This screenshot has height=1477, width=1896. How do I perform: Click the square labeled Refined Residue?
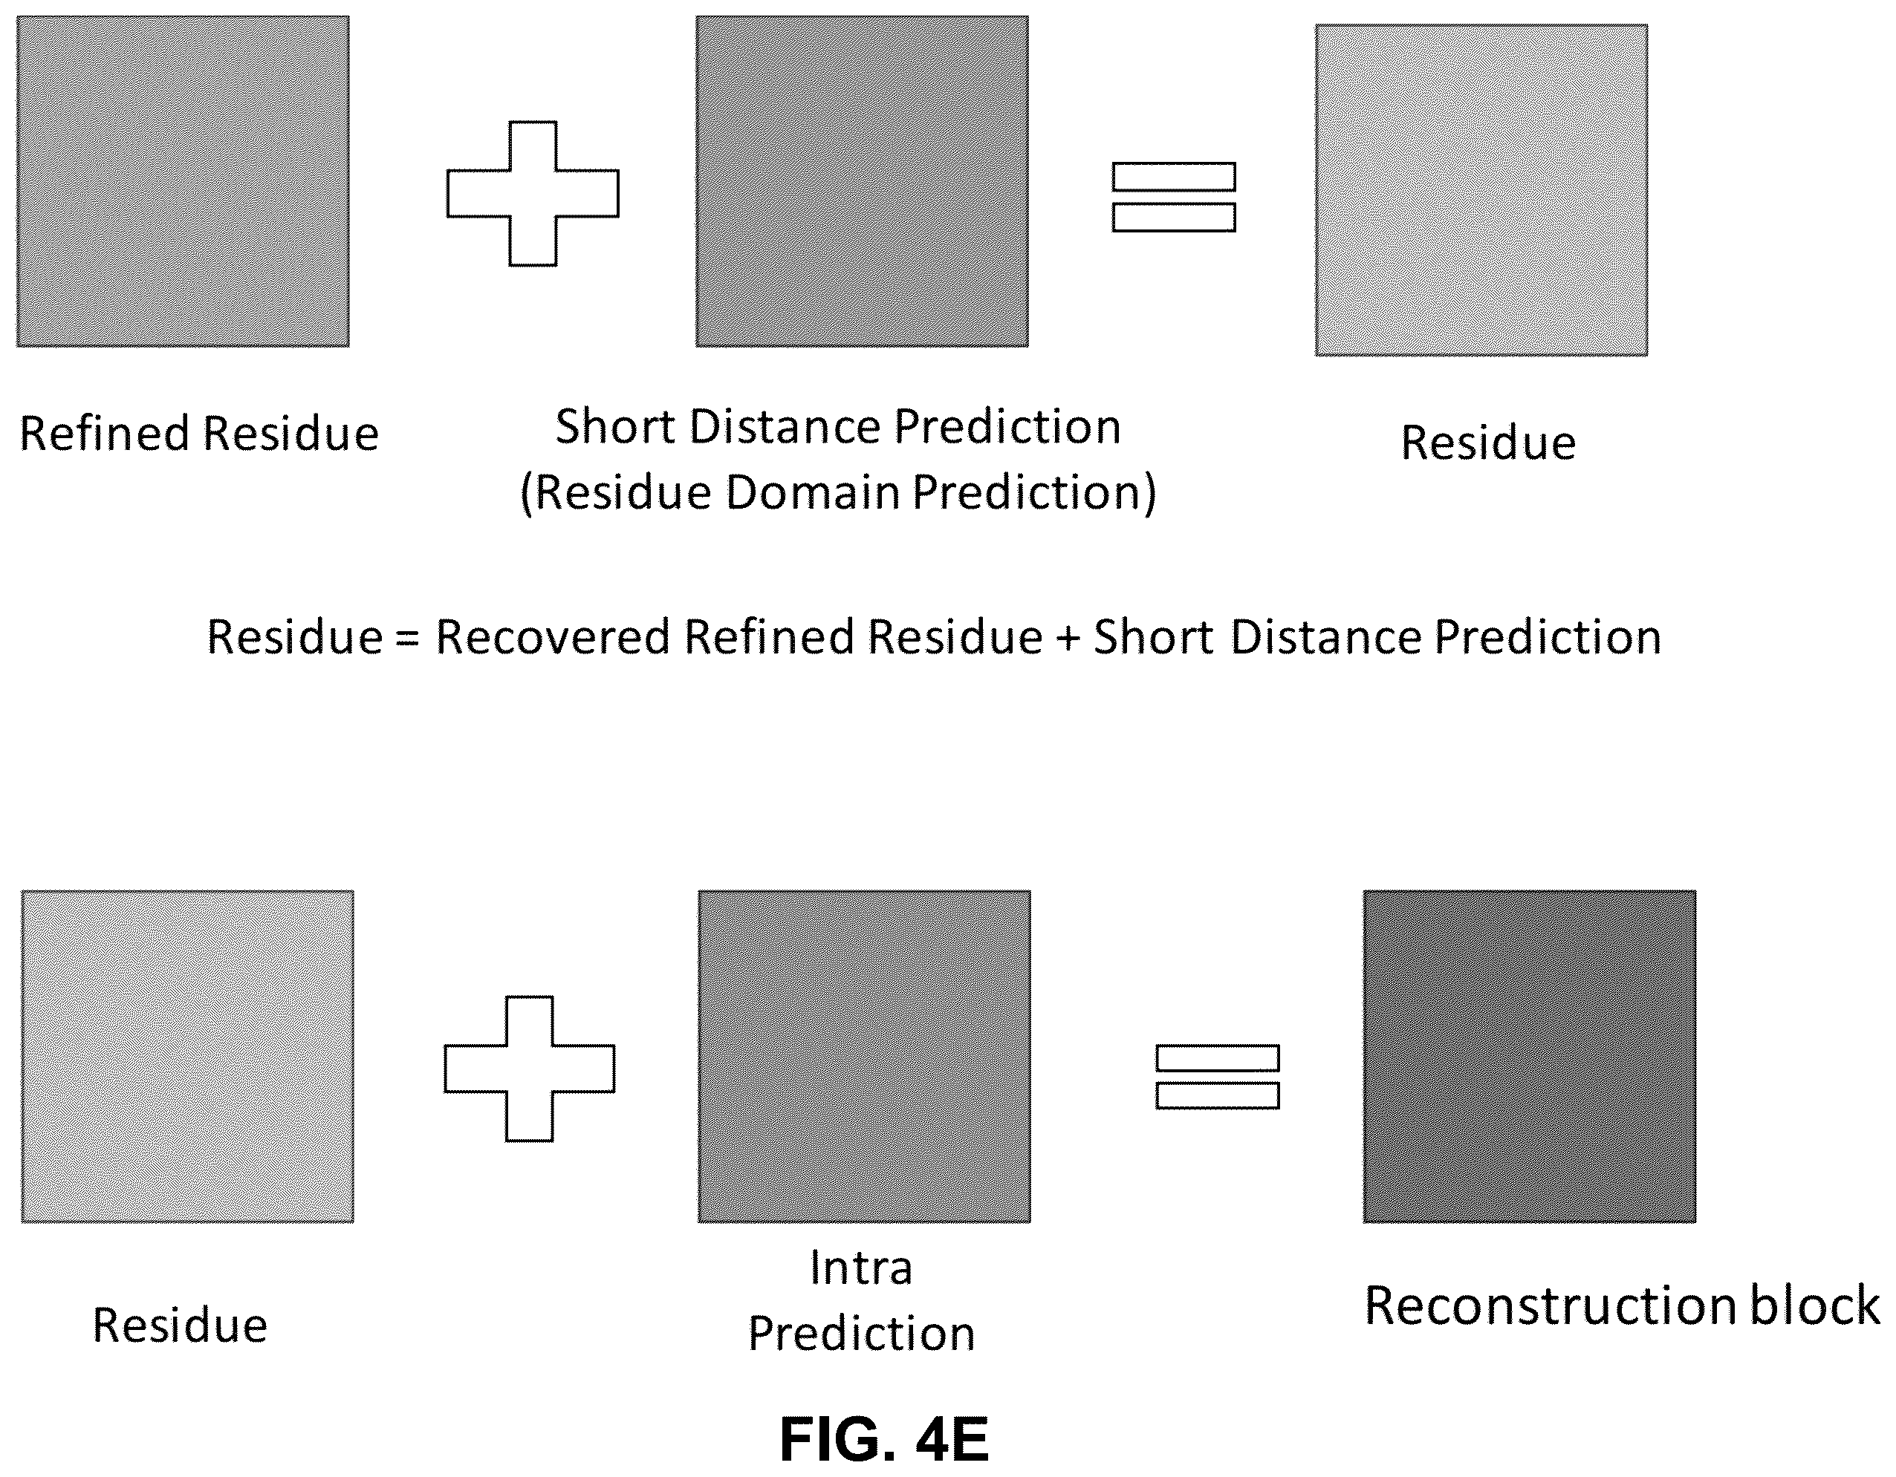(184, 181)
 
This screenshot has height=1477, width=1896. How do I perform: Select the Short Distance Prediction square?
(862, 181)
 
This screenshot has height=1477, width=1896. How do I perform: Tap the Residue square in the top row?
(1481, 190)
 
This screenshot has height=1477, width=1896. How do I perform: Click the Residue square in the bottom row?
(187, 1056)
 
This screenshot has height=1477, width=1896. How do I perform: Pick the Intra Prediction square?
(865, 1056)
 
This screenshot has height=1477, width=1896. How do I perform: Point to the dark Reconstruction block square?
(1530, 1056)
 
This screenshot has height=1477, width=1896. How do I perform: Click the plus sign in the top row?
(533, 194)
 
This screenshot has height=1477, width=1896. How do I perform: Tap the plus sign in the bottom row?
(530, 1069)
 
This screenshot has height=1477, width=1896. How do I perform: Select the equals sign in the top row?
(1174, 197)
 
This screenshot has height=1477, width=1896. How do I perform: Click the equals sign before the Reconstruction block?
(1217, 1077)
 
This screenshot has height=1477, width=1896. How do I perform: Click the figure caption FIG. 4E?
(884, 1440)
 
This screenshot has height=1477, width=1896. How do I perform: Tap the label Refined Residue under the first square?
(199, 433)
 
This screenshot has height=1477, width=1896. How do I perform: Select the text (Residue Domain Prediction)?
(839, 493)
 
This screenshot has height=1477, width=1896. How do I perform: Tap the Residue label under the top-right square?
(1488, 443)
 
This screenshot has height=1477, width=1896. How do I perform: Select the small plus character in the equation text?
(1068, 639)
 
